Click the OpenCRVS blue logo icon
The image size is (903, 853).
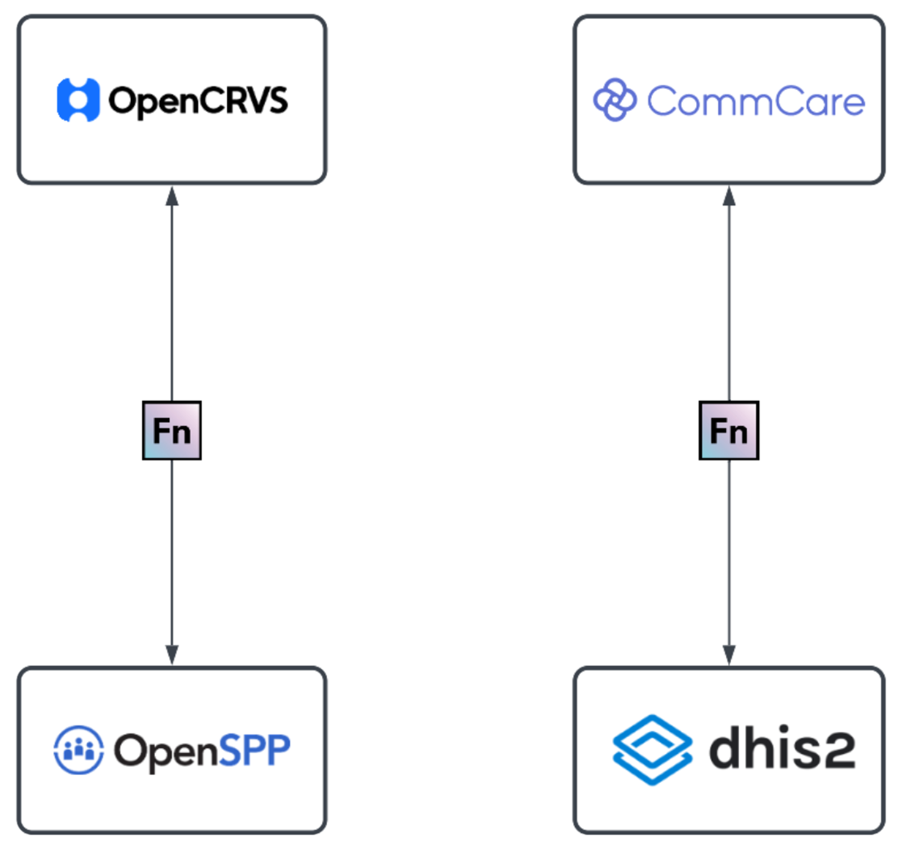click(78, 100)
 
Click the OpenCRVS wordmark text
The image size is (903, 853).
click(198, 101)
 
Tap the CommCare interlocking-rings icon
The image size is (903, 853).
click(615, 100)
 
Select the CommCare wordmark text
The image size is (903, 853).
click(756, 101)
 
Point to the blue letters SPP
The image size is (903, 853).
click(254, 750)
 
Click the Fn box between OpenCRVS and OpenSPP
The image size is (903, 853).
click(172, 430)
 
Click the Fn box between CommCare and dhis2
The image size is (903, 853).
click(729, 430)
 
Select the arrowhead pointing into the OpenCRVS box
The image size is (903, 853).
click(172, 197)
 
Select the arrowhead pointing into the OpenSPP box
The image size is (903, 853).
click(172, 655)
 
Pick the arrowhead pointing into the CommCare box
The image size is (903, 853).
click(729, 197)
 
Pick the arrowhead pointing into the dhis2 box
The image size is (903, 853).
click(729, 655)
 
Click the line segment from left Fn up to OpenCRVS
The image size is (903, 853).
click(172, 301)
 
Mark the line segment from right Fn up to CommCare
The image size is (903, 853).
click(729, 301)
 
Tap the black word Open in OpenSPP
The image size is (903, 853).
click(166, 751)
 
